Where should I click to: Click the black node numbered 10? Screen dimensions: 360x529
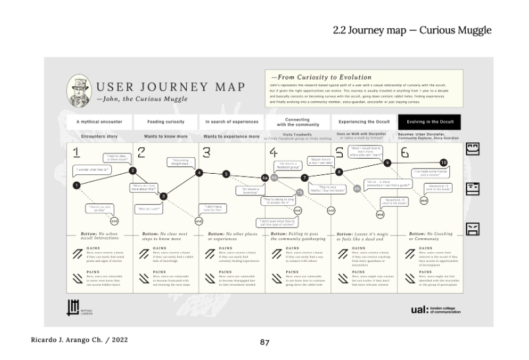pos(443,162)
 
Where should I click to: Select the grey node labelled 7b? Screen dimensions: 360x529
pos(299,192)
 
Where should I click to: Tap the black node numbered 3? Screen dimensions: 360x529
pos(164,195)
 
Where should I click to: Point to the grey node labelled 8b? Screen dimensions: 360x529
pos(357,188)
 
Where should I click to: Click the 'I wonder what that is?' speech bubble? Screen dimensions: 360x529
pos(91,169)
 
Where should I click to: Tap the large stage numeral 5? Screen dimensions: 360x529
pos(339,153)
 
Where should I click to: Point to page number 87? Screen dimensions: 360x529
pos(264,342)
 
